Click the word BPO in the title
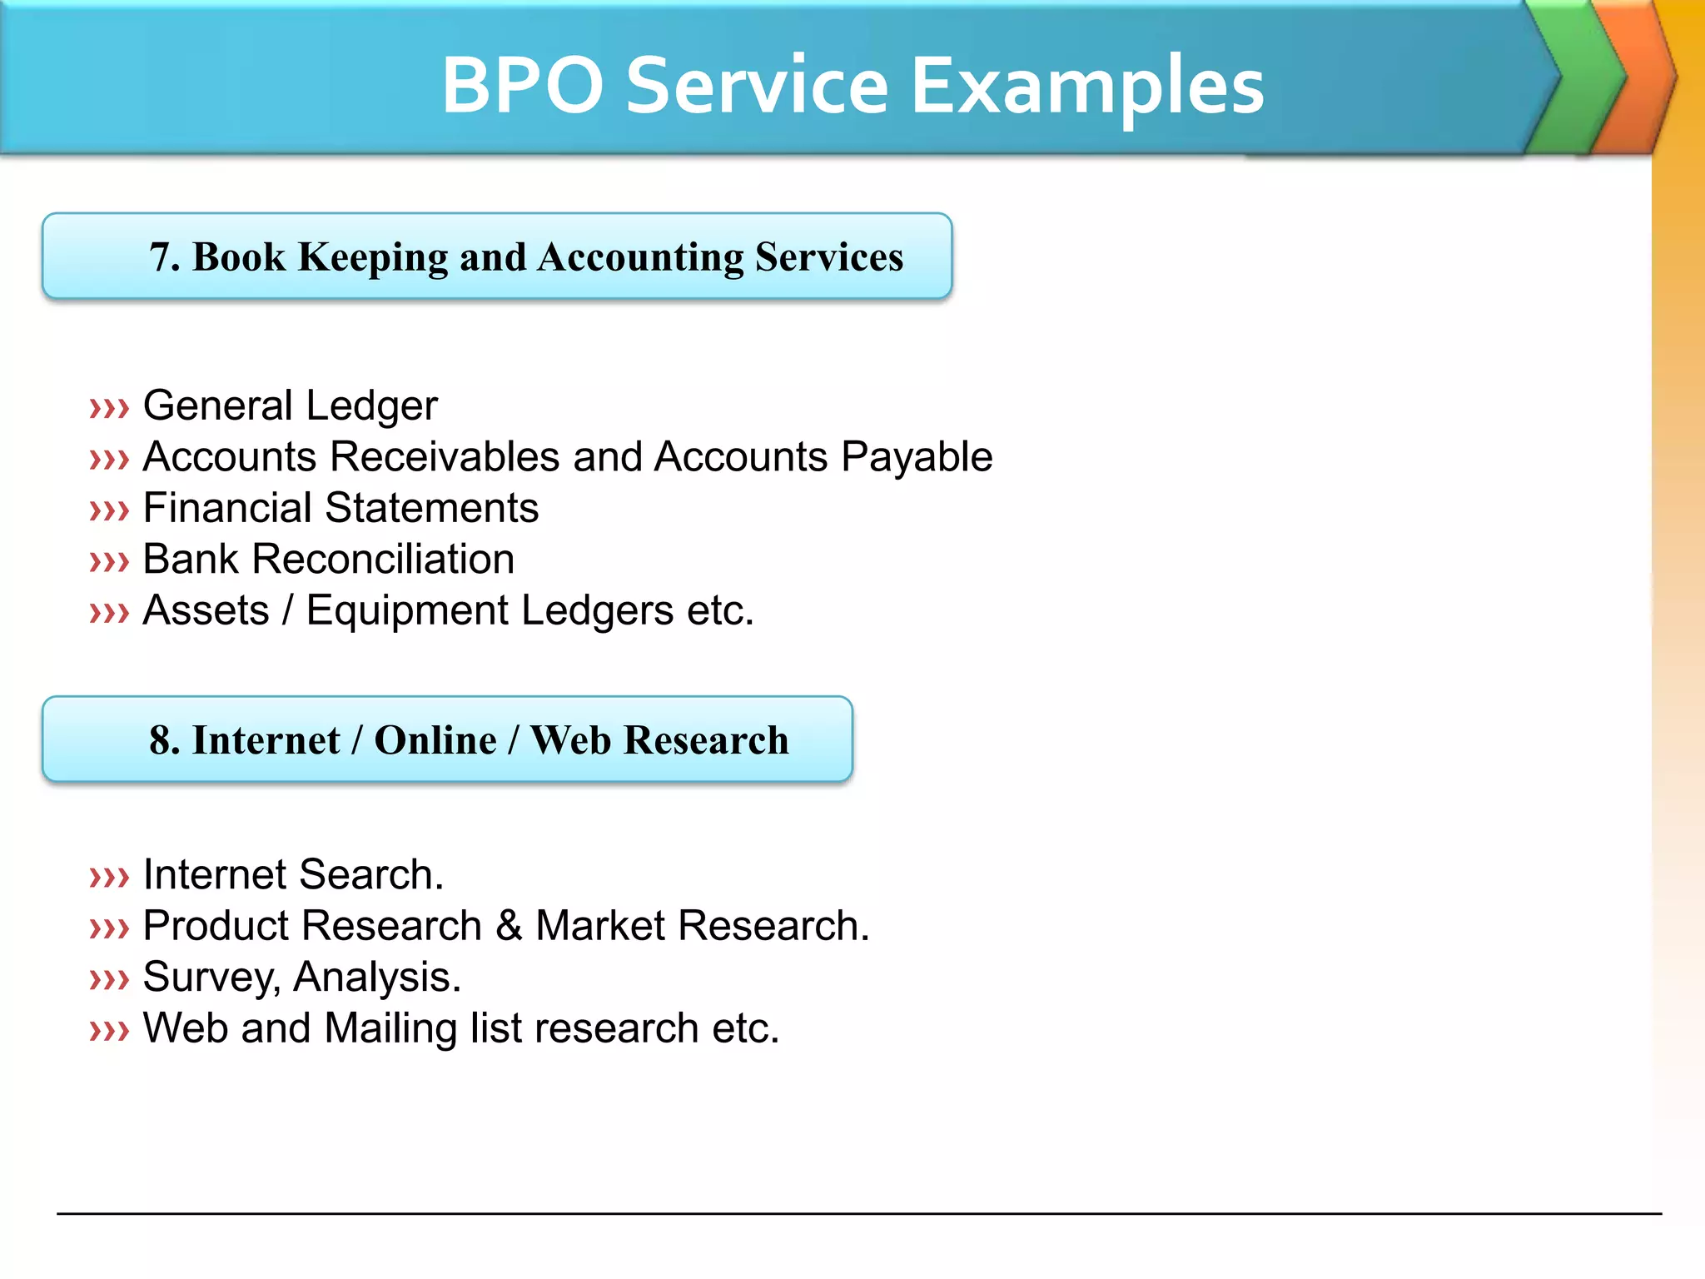coord(522,85)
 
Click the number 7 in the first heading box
coord(160,256)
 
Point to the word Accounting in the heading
coord(641,256)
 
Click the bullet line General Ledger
coord(290,406)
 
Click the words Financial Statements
coord(341,508)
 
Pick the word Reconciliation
coord(383,559)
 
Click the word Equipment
coord(406,611)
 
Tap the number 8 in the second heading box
coord(160,740)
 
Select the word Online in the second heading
coord(435,740)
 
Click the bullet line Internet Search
coord(293,875)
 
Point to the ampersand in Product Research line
coord(509,926)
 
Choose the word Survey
coord(210,978)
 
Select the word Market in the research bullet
coord(600,926)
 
